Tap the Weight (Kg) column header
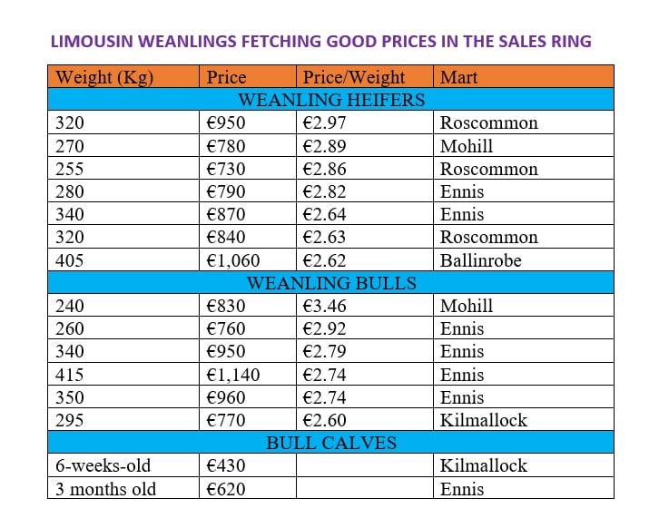pyautogui.click(x=104, y=77)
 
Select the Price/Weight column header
pyautogui.click(x=354, y=77)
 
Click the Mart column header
pyautogui.click(x=459, y=77)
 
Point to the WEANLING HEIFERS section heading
pyautogui.click(x=331, y=100)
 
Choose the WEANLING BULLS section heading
pyautogui.click(x=331, y=283)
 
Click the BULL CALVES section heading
pyautogui.click(x=331, y=444)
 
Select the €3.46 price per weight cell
pyautogui.click(x=324, y=306)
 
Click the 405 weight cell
pyautogui.click(x=70, y=260)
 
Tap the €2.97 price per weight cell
pyautogui.click(x=324, y=123)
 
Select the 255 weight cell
pyautogui.click(x=70, y=169)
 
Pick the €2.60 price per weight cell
pyautogui.click(x=324, y=420)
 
